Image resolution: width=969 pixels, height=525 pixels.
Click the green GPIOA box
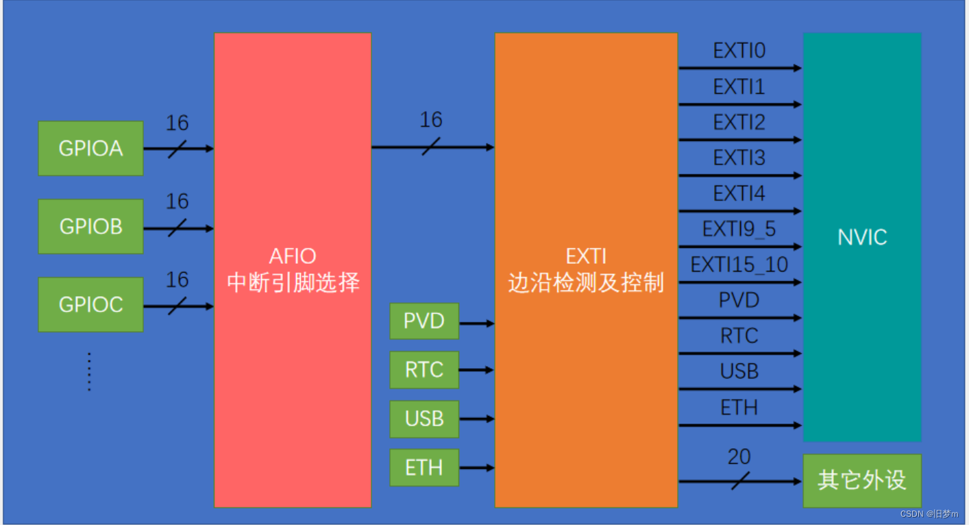90,148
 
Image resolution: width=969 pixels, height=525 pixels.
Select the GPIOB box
90,226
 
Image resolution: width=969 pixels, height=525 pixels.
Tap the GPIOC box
90,304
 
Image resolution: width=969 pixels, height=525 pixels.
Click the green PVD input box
424,321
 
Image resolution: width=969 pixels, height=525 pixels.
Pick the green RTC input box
424,369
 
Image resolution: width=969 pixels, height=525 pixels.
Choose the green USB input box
424,419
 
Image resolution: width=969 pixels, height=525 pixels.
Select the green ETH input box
424,467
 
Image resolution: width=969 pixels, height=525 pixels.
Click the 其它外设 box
861,480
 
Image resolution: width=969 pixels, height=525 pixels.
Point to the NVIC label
862,237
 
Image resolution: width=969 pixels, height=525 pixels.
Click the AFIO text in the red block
293,256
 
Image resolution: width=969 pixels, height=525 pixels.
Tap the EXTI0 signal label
739,51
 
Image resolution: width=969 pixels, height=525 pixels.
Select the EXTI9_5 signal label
739,229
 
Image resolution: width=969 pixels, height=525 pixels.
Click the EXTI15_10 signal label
739,265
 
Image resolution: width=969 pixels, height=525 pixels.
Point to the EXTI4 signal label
739,194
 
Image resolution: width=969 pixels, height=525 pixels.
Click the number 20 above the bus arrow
739,456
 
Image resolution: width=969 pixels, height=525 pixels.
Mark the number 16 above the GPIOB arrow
177,202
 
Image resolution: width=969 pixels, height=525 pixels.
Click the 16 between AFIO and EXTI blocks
431,121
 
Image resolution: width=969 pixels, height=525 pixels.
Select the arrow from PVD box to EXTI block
476,322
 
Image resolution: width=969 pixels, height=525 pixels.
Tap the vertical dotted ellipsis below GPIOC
89,372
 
